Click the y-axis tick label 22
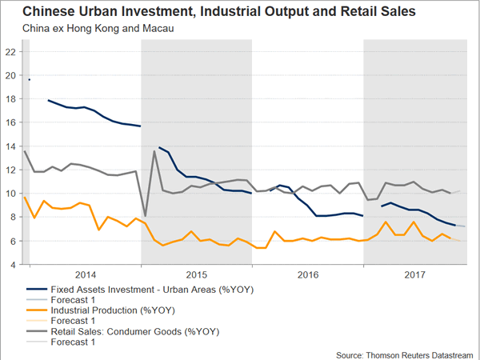click(11, 52)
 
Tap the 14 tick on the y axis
click(11, 146)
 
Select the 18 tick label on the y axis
click(11, 99)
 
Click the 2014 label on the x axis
click(85, 273)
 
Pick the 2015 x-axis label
click(197, 273)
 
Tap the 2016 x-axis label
click(308, 273)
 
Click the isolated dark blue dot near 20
click(30, 79)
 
